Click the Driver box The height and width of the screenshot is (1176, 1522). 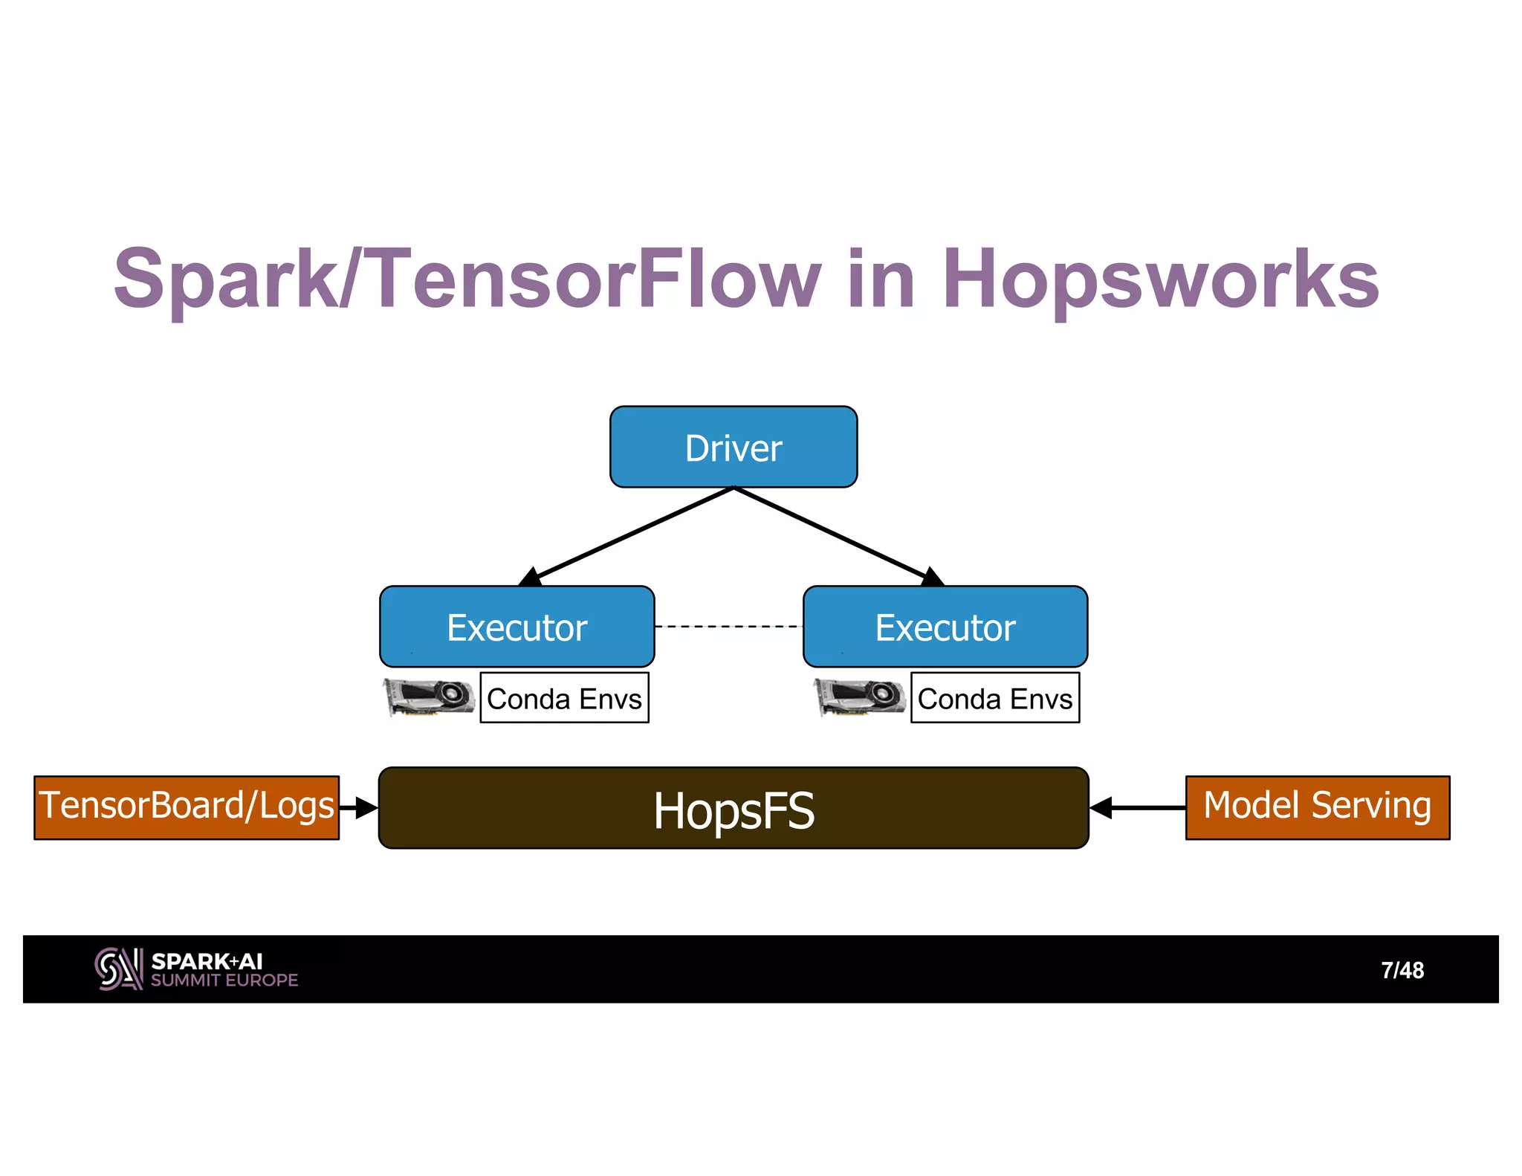click(x=733, y=447)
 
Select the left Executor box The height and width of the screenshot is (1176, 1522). click(x=516, y=627)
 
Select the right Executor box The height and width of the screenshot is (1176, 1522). click(x=945, y=627)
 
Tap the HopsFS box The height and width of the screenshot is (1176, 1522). click(x=733, y=808)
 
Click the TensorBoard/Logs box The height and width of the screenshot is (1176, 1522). click(x=187, y=807)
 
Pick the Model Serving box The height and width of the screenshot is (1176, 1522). click(x=1317, y=807)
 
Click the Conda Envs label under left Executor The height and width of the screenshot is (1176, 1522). click(x=564, y=698)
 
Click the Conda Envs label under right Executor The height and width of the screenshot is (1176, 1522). click(x=994, y=698)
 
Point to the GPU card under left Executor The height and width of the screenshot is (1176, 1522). click(x=429, y=697)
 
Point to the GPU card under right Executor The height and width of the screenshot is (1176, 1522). click(x=860, y=697)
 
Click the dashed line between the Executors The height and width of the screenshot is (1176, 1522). click(x=728, y=627)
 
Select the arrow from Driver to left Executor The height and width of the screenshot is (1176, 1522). click(x=632, y=534)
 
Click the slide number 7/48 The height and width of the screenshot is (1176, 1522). click(x=1402, y=970)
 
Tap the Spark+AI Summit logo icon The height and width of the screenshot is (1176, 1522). click(x=118, y=969)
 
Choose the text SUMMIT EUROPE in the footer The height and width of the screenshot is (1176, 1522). click(x=224, y=980)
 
